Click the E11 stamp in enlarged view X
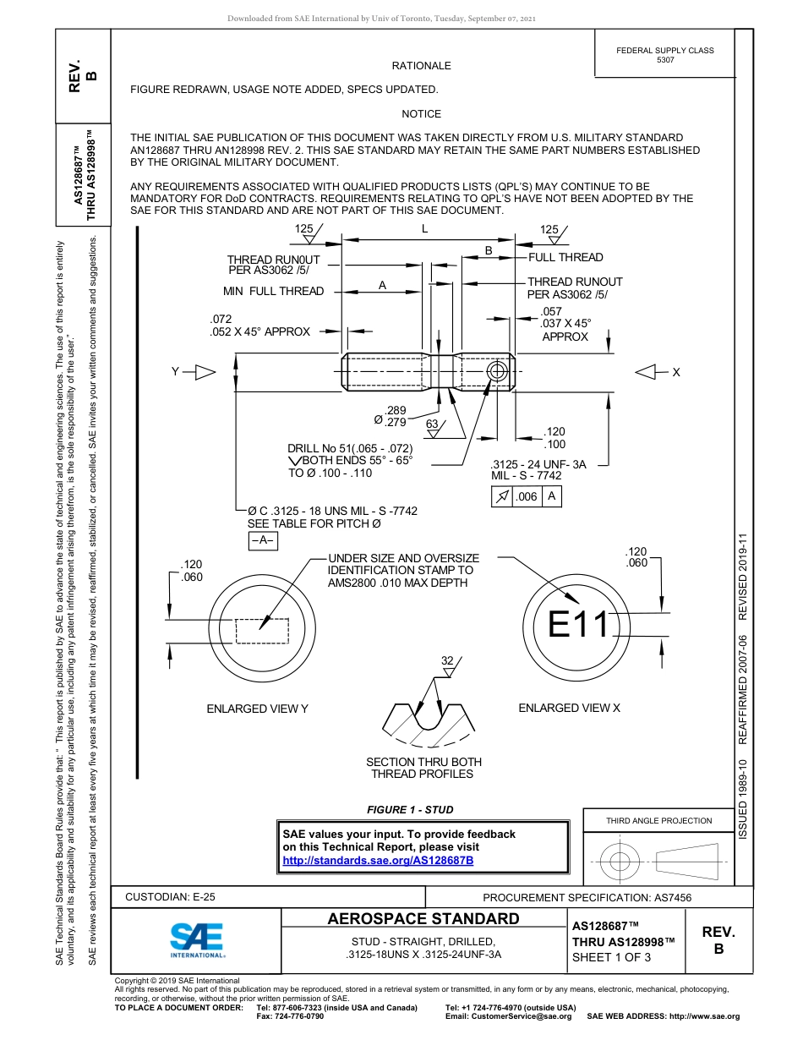[578, 624]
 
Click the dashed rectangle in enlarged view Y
[262, 631]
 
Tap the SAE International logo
[197, 939]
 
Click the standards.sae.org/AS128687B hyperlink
[377, 860]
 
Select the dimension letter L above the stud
[424, 229]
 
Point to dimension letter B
[489, 250]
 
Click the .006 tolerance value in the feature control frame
[527, 497]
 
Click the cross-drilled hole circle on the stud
[499, 371]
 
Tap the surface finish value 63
[431, 424]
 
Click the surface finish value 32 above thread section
[447, 660]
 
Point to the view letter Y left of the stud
[175, 371]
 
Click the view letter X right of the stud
[676, 372]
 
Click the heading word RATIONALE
[421, 66]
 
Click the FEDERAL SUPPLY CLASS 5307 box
[664, 55]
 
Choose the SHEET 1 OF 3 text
[611, 957]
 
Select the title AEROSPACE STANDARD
[423, 919]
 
